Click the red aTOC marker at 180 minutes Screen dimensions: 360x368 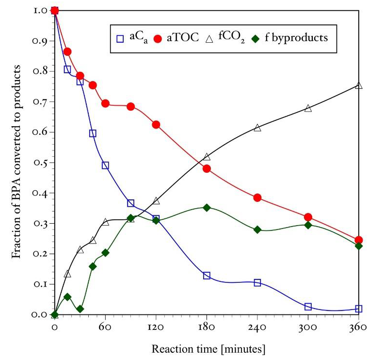[x=207, y=168]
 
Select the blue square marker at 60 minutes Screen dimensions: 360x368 [x=105, y=165]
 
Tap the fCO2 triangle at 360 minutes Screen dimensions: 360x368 [x=359, y=85]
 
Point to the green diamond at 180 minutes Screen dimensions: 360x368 [x=207, y=207]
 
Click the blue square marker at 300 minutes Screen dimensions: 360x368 [x=308, y=307]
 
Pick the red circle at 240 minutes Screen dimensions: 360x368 [x=257, y=197]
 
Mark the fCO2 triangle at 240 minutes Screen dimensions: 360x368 [x=257, y=128]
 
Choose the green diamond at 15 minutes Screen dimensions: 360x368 [x=67, y=296]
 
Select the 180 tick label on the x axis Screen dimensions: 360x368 [x=207, y=327]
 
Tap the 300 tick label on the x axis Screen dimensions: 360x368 [x=308, y=327]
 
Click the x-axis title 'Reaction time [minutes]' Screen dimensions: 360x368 [x=208, y=349]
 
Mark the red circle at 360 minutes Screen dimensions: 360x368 [x=359, y=240]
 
